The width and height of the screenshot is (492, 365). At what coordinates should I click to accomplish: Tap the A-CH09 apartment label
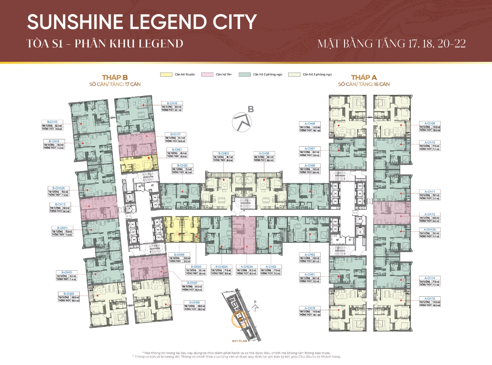click(430, 123)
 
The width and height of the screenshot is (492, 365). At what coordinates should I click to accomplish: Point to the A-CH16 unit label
click(310, 307)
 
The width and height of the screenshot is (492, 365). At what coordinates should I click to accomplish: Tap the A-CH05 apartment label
click(262, 153)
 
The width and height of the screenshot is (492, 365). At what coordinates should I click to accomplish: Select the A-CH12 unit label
click(430, 214)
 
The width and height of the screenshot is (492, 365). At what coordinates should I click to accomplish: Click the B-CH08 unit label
click(194, 302)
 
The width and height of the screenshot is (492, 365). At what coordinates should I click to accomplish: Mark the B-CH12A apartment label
click(58, 188)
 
